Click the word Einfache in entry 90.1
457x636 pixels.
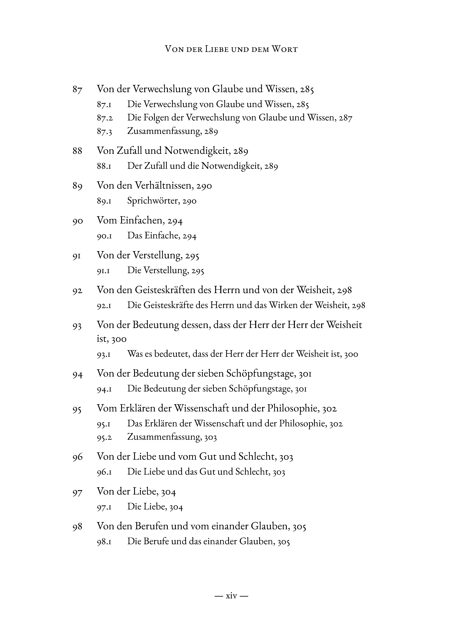coord(161,236)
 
